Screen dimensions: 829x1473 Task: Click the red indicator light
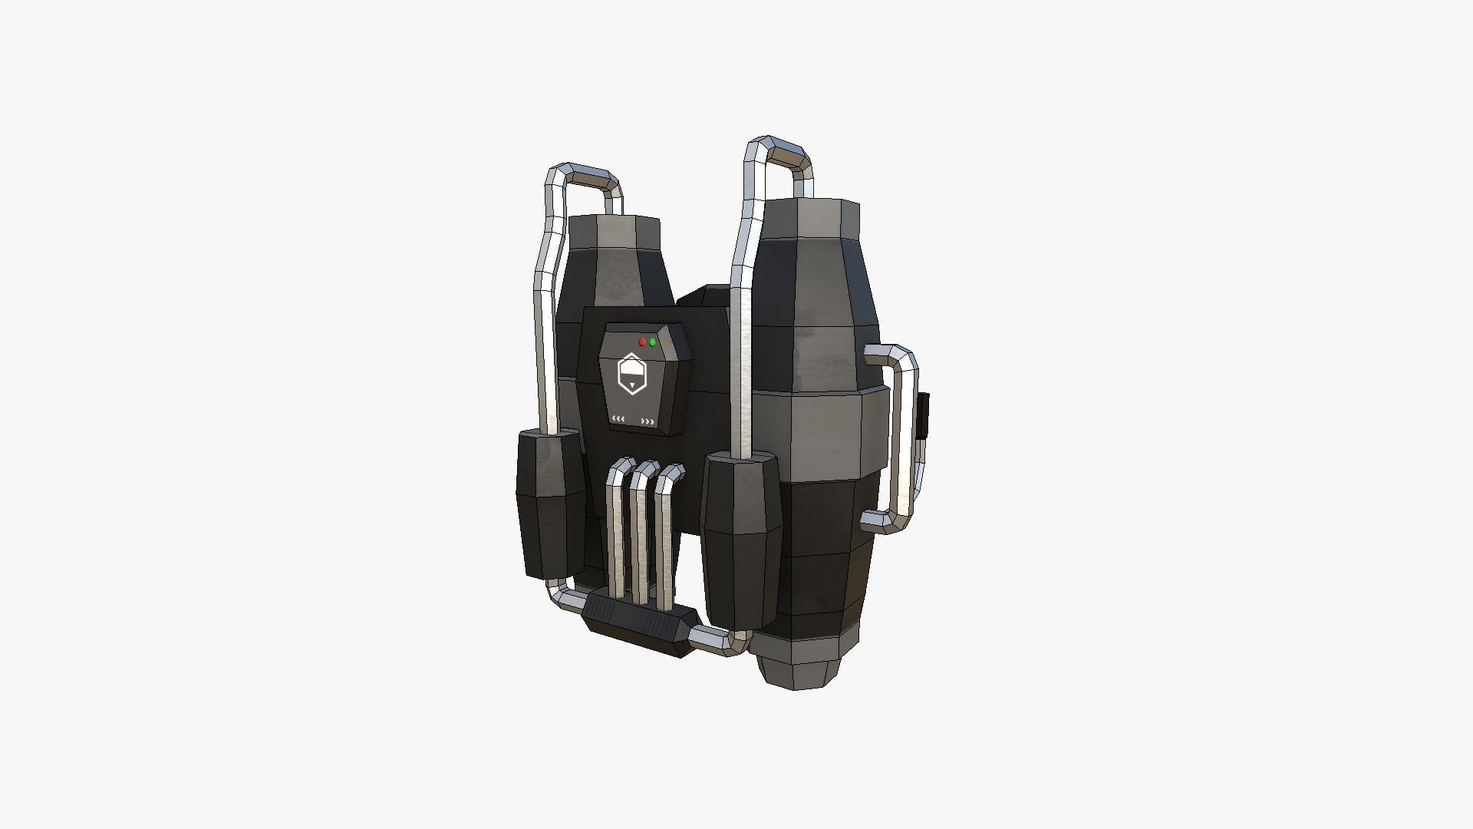pos(641,342)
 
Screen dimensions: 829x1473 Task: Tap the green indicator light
pos(652,342)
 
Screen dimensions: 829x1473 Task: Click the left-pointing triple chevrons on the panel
pos(618,419)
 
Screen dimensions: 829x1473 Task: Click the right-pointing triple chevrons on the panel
pos(648,421)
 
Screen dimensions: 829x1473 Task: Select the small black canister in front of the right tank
pos(740,537)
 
